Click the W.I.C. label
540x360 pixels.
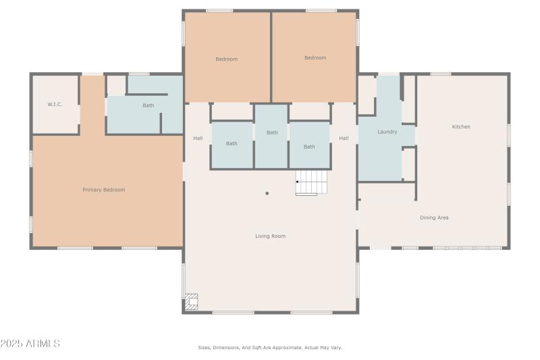pos(55,105)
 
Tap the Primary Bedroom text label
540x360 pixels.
pos(104,190)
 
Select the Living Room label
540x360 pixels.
pos(270,236)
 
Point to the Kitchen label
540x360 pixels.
pos(461,127)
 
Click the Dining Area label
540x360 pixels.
pos(434,217)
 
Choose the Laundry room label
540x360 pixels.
pos(387,132)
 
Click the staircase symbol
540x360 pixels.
pos(311,182)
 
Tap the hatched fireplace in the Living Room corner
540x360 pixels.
pos(192,302)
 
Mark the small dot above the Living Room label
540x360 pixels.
pos(267,194)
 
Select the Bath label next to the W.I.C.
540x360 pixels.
pos(148,105)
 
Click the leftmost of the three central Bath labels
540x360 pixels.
pos(232,143)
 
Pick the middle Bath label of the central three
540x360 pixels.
pos(272,132)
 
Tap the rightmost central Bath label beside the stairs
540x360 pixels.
pos(309,147)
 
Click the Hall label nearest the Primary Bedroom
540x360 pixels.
pos(198,138)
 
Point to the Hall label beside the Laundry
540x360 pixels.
pos(344,138)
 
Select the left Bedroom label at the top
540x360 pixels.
pos(227,59)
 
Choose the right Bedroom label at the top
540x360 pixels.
pos(315,58)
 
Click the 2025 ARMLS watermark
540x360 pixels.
pos(30,344)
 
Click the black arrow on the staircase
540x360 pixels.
pos(298,182)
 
